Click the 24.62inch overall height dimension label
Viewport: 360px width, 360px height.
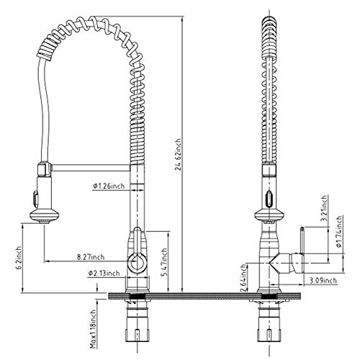point(178,154)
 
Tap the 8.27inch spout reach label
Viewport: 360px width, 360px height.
point(91,257)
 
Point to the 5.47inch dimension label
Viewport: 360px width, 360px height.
point(164,262)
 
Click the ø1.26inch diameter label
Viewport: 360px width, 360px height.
point(109,186)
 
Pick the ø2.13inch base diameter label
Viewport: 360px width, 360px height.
point(104,273)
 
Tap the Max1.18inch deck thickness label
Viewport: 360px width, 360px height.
point(93,329)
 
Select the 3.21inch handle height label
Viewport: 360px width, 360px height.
point(324,208)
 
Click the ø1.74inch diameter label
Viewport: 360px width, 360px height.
point(338,231)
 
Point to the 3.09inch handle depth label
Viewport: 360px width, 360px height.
point(323,280)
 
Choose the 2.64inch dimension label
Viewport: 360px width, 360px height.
point(243,278)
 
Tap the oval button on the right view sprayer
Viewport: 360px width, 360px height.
point(269,198)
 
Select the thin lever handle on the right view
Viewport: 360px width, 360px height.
point(302,240)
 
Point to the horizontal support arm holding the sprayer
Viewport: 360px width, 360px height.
point(91,168)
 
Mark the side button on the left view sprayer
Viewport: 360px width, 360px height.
point(36,198)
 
